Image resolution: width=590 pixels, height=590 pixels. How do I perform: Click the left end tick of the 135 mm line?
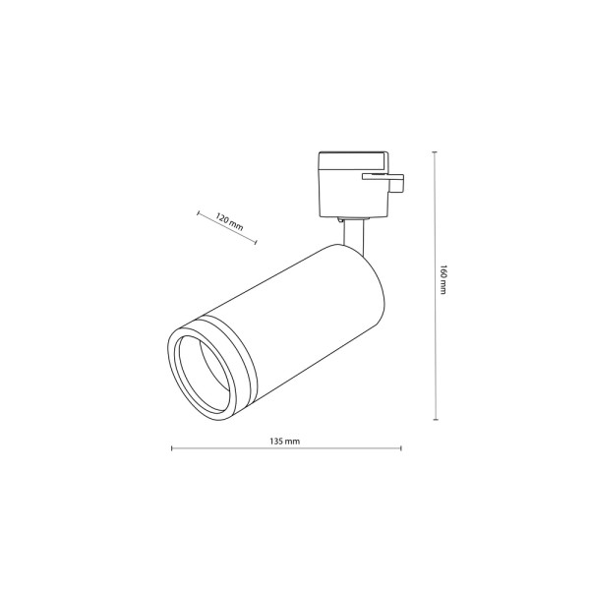pos(171,449)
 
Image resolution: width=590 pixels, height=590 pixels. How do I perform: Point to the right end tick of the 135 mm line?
pos(399,449)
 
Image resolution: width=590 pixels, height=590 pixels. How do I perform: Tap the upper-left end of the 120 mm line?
pos(198,210)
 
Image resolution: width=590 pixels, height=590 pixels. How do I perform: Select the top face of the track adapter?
pos(354,156)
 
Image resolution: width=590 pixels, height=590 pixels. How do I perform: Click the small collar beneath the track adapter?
pos(353,215)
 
